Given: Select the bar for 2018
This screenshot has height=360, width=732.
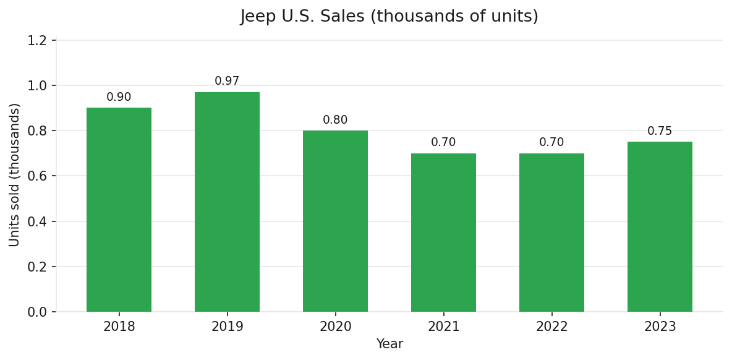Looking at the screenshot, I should coord(119,210).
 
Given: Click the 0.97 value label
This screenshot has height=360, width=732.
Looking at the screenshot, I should coord(227,81).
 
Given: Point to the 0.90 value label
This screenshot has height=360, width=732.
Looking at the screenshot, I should coord(119,97).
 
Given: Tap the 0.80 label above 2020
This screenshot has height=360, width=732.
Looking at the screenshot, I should coord(335,120).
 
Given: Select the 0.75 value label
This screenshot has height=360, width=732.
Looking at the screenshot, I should coord(660,131).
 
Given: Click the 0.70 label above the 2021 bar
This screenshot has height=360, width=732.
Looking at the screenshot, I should coord(443,142).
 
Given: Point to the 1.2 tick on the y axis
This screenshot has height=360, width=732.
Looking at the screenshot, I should coord(37,41).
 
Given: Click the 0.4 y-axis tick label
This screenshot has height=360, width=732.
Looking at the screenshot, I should coord(37,221).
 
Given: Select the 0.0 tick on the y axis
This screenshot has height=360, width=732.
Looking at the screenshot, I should coord(37,312).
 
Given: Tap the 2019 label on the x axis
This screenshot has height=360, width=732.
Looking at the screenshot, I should coord(227,327).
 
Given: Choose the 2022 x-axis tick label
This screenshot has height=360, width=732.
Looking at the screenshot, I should coord(551,327).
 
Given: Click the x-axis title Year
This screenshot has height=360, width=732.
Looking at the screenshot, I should coord(389,345).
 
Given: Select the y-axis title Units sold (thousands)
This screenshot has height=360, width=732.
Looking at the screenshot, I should coord(15,175).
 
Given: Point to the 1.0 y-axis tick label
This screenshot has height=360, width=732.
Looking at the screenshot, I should coord(37,86).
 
